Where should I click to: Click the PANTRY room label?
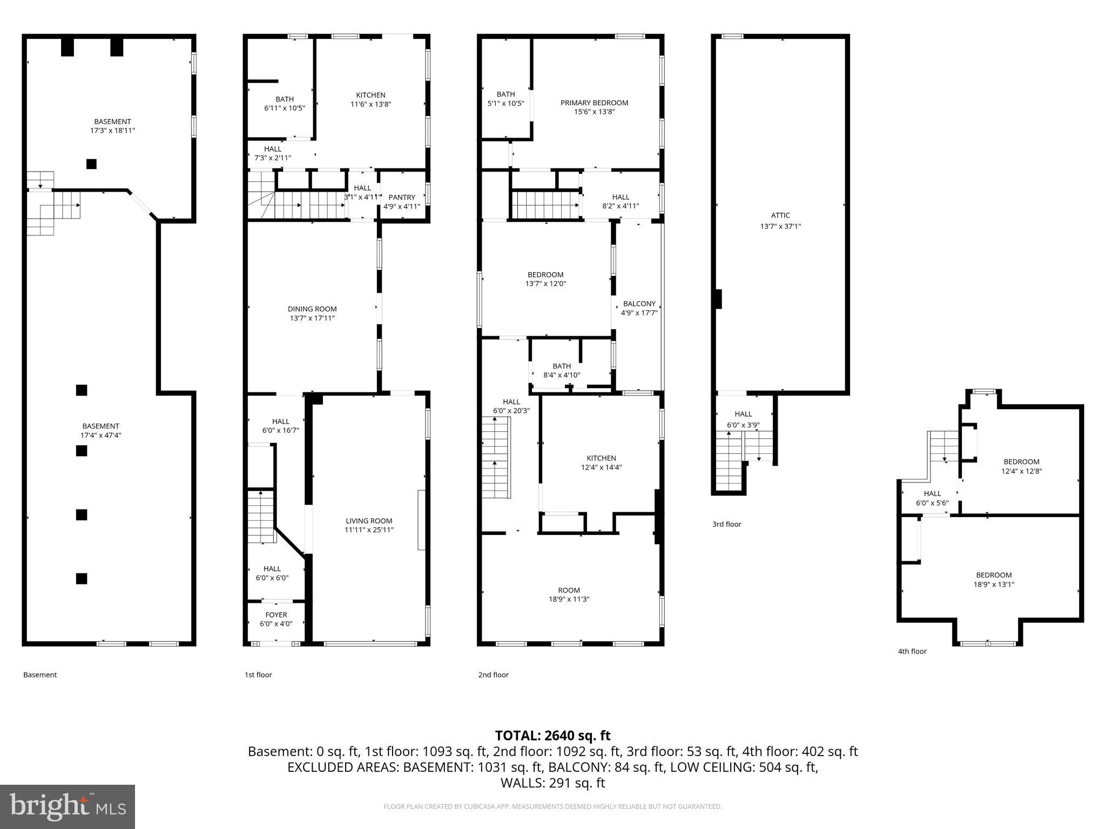click(x=402, y=198)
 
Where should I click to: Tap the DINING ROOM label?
click(x=312, y=309)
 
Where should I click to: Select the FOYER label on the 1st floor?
click(x=276, y=615)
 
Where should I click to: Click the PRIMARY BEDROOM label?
click(x=594, y=103)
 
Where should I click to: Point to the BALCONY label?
click(x=639, y=304)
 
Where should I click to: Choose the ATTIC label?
click(x=780, y=215)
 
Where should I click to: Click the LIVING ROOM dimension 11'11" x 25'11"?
click(x=369, y=530)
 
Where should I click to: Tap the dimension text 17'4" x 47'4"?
click(x=101, y=435)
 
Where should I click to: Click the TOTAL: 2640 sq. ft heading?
click(x=552, y=736)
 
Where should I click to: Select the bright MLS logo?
click(x=68, y=806)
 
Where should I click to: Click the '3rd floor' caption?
click(x=726, y=524)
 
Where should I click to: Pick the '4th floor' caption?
click(x=912, y=651)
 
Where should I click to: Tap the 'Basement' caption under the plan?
click(x=40, y=675)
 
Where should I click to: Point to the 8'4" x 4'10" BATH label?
click(x=562, y=371)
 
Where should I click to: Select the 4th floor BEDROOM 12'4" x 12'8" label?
click(x=1021, y=466)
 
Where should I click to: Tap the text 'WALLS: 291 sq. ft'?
click(x=552, y=783)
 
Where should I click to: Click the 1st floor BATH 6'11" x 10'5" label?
click(x=285, y=104)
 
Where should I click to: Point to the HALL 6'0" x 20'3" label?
click(x=511, y=406)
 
